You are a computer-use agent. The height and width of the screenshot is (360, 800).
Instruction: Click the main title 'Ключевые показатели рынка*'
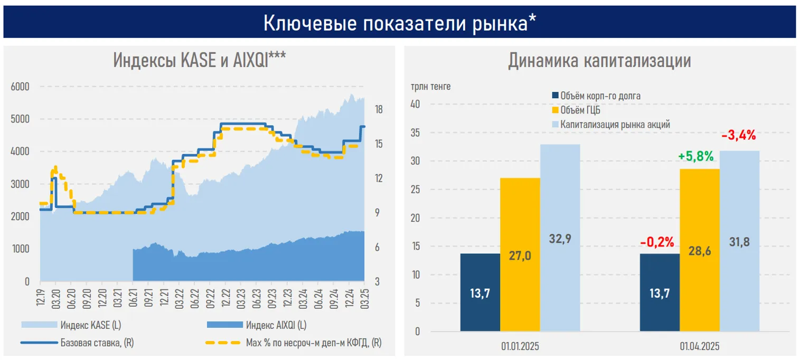tap(400, 23)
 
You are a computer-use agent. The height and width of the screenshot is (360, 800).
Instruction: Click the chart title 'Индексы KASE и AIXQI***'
tap(200, 60)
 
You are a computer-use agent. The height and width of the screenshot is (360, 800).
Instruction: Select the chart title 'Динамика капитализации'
tap(599, 60)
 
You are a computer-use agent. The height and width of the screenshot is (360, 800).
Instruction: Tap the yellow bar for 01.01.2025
tap(520, 254)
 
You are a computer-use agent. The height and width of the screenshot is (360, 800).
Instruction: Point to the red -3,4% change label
tap(738, 135)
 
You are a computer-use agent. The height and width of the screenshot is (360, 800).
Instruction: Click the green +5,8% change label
tap(695, 156)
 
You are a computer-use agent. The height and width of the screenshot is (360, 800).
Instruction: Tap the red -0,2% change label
tap(656, 242)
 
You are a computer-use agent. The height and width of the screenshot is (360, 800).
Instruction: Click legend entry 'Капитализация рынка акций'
tap(615, 125)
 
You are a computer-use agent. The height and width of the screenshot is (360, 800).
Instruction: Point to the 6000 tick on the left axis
tap(20, 87)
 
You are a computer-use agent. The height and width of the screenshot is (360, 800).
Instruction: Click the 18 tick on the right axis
tap(379, 110)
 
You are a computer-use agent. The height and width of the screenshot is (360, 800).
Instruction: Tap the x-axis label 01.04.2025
tap(699, 347)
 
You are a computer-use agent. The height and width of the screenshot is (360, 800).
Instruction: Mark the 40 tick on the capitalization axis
tap(415, 104)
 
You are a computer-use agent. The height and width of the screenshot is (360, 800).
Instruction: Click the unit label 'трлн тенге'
tap(431, 86)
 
